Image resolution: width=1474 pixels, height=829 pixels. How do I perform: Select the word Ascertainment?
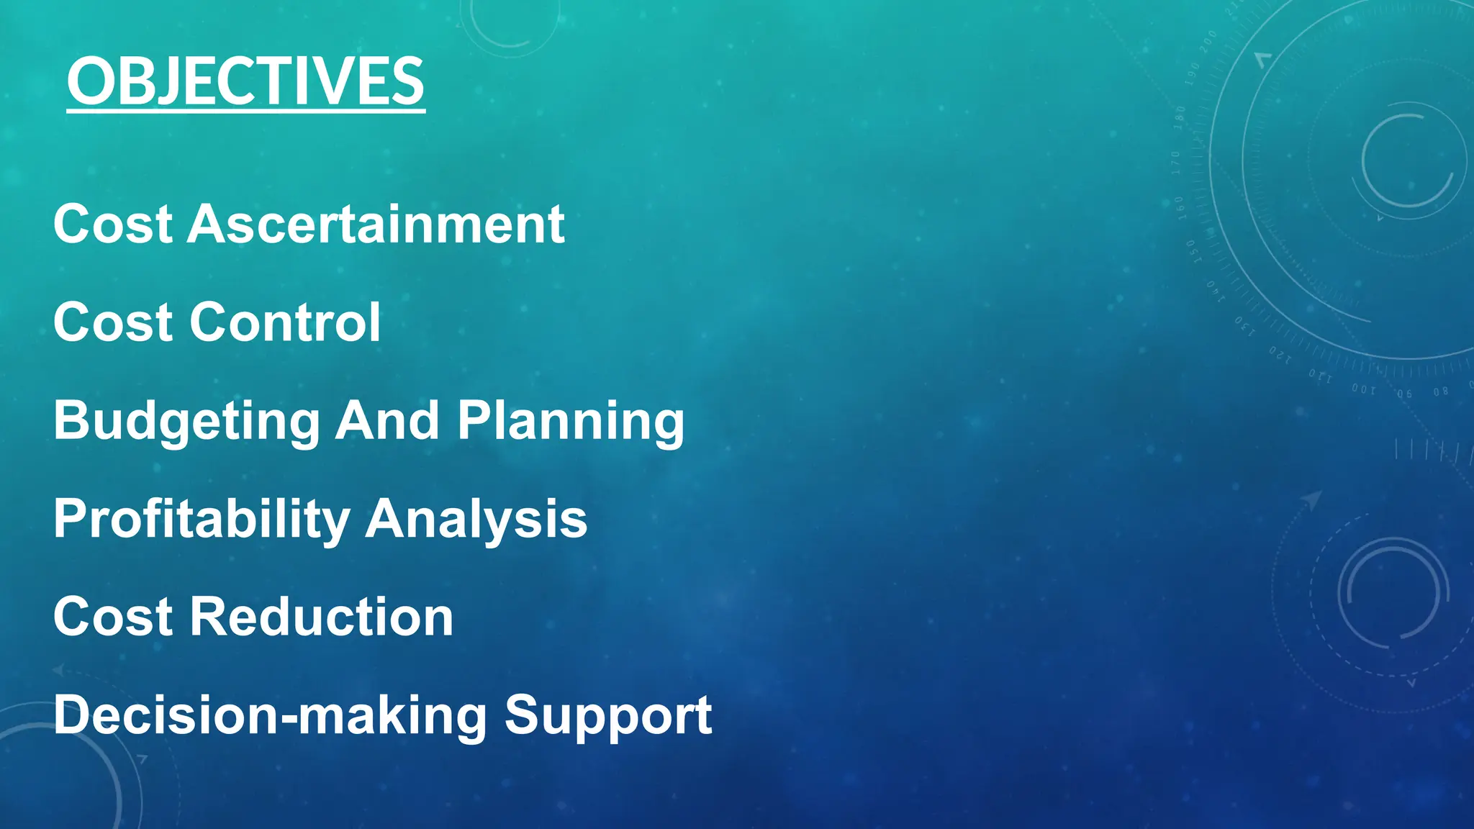click(x=376, y=224)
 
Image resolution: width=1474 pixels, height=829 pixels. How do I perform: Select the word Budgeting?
click(x=186, y=422)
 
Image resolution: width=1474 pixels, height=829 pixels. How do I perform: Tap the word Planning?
click(x=571, y=422)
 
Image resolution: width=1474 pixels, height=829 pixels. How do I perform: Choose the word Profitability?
click(x=201, y=520)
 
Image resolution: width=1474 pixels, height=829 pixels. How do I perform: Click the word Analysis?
click(x=476, y=520)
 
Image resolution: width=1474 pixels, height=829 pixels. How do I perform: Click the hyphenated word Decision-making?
click(x=270, y=716)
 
